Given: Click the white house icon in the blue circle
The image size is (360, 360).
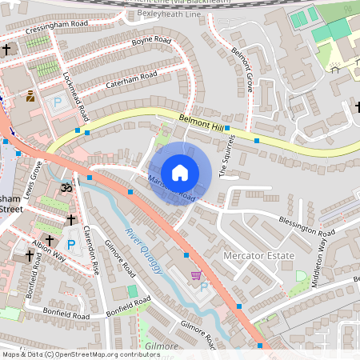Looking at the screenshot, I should coord(180,172).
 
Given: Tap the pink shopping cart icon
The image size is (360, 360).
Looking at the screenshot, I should coord(196,275).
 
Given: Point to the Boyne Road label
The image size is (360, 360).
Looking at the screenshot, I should coord(152,40).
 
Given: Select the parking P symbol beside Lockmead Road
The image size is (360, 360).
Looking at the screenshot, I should coord(57,102).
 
